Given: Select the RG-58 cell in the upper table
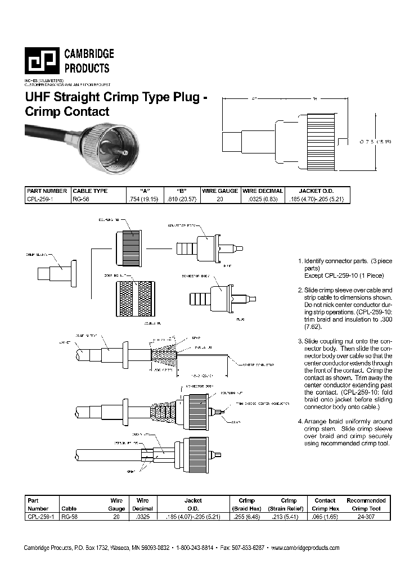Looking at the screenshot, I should click(x=82, y=199).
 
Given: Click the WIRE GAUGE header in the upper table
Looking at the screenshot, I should click(x=220, y=191).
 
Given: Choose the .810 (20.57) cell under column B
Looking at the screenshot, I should click(x=182, y=199).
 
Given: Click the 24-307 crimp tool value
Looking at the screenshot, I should click(x=366, y=515).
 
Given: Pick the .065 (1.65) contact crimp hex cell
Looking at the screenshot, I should click(x=325, y=515).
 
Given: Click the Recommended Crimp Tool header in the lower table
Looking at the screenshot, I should click(x=366, y=504).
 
